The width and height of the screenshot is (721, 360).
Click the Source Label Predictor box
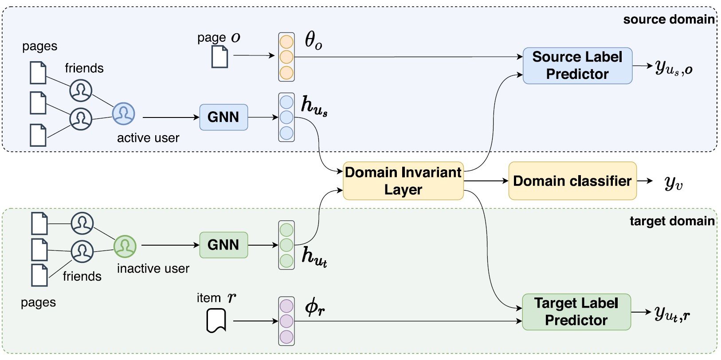click(577, 66)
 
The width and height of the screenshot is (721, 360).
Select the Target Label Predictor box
click(576, 312)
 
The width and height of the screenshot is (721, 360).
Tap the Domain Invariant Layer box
click(403, 181)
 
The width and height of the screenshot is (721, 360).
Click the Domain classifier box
click(572, 181)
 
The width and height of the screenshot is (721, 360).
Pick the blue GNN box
click(223, 117)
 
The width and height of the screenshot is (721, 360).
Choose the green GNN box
click(223, 245)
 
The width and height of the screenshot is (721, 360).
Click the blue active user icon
click(123, 113)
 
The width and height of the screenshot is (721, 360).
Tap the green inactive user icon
click(125, 246)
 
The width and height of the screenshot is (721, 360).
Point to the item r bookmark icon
click(216, 321)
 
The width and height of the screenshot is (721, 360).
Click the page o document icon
click(219, 57)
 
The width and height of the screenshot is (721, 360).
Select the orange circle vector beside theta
click(286, 57)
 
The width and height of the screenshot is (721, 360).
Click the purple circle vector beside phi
click(286, 321)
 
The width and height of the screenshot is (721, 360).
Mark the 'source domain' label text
click(668, 20)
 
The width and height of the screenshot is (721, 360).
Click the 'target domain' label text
click(672, 221)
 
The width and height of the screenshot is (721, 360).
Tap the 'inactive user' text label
click(153, 269)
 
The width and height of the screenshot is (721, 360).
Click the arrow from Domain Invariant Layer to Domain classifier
click(486, 181)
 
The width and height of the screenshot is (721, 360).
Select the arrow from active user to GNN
click(171, 117)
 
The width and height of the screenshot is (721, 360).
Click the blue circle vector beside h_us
click(286, 117)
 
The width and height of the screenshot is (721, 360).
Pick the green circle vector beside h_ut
click(286, 245)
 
